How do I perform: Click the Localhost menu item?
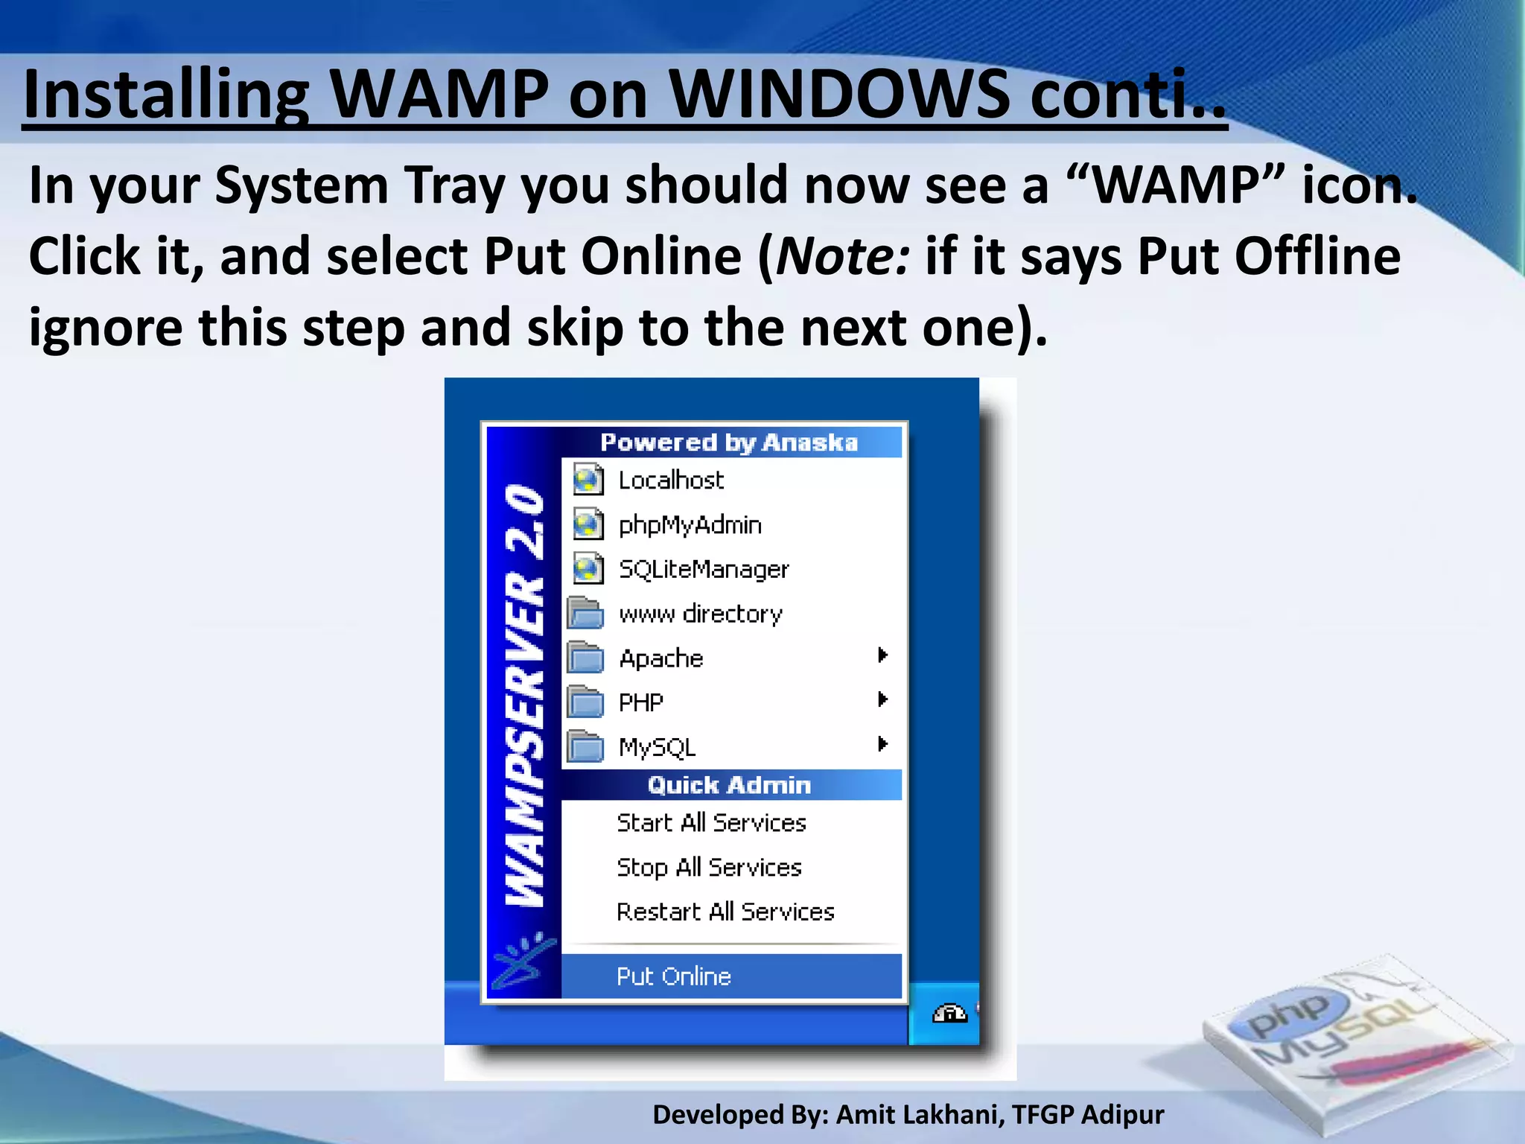click(x=671, y=480)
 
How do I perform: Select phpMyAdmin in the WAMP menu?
click(x=690, y=525)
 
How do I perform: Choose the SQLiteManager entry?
click(x=704, y=570)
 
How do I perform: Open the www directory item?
click(x=701, y=614)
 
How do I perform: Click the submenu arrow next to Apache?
click(x=882, y=655)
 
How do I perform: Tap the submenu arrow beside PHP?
click(x=882, y=699)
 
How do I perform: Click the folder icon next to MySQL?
click(x=586, y=746)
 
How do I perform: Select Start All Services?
click(x=711, y=823)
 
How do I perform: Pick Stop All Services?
click(x=709, y=868)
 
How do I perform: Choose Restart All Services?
click(x=725, y=912)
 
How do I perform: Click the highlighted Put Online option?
click(x=674, y=976)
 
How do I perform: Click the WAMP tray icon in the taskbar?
click(x=949, y=1014)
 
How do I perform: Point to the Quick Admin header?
click(x=729, y=785)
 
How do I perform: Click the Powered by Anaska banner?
click(x=729, y=442)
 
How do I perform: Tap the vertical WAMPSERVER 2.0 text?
click(x=523, y=696)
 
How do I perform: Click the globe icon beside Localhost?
click(x=588, y=480)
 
